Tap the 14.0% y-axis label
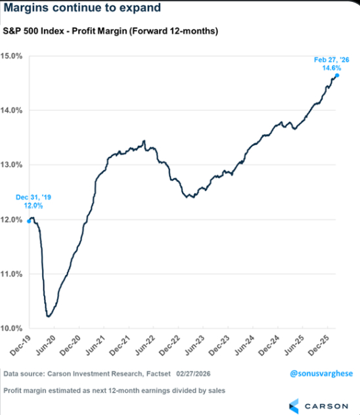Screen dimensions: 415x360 [13, 110]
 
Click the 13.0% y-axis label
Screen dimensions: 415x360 [13, 165]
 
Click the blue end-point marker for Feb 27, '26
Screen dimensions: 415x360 [337, 76]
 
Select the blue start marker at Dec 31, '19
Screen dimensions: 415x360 [29, 221]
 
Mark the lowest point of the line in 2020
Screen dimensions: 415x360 [49, 317]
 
